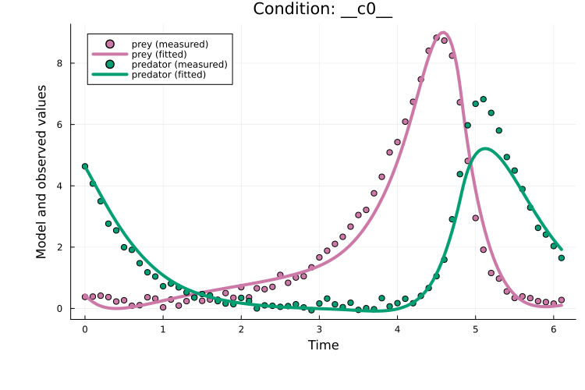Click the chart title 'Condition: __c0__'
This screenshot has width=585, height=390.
coord(323,9)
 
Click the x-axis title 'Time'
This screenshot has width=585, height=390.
coord(323,345)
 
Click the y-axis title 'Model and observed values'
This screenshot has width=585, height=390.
coord(42,172)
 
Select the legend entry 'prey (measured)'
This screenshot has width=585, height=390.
coord(170,44)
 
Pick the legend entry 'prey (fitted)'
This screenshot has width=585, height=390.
coord(165,54)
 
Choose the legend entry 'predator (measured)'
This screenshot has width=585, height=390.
coord(179,64)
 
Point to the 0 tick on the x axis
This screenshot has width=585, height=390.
coord(85,329)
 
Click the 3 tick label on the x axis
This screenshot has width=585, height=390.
coord(319,329)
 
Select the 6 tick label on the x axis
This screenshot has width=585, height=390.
coord(554,329)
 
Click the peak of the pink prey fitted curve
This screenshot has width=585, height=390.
coord(443,32)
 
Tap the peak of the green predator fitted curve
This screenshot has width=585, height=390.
coord(485,148)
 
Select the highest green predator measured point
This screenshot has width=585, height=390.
coord(483,99)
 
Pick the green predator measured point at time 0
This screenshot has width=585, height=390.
coord(85,166)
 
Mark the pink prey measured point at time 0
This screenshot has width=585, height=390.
coord(85,296)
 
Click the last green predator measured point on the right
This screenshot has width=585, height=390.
coord(561,257)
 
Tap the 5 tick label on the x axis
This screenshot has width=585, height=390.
coord(475,329)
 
